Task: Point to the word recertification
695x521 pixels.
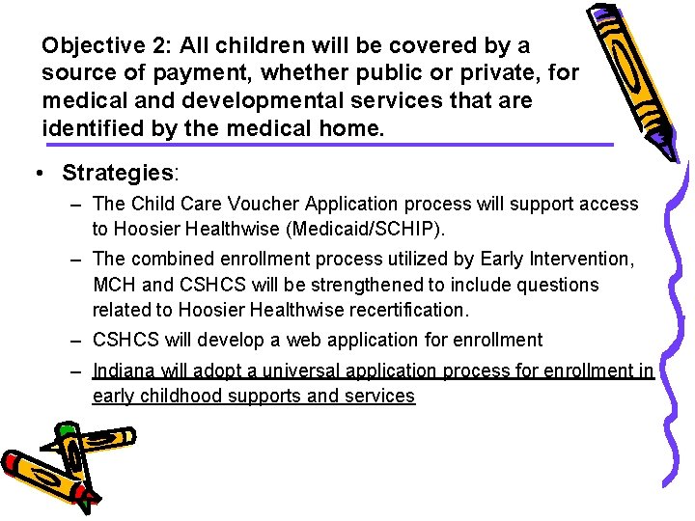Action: [x=412, y=310]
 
